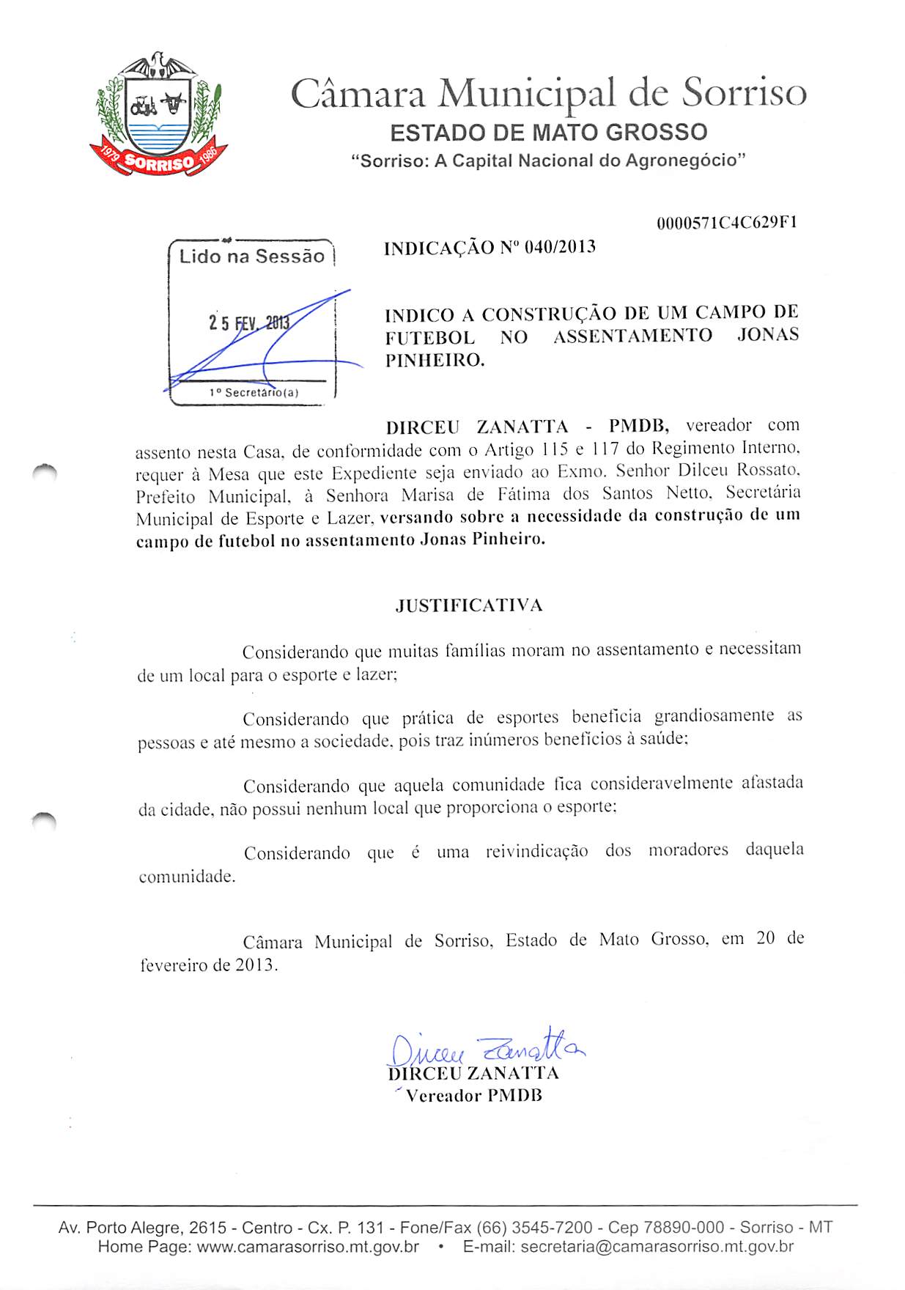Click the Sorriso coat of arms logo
(158, 116)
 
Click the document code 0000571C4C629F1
(726, 223)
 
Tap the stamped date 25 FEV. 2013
(249, 322)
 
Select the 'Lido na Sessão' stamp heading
(251, 257)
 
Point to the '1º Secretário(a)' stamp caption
(254, 393)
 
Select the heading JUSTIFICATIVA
(469, 605)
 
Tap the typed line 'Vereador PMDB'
(474, 1096)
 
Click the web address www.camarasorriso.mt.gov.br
(308, 1247)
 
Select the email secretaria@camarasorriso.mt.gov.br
(657, 1247)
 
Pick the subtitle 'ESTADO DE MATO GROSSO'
(549, 133)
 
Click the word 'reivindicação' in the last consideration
(536, 851)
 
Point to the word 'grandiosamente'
(714, 715)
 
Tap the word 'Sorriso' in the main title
(745, 93)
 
